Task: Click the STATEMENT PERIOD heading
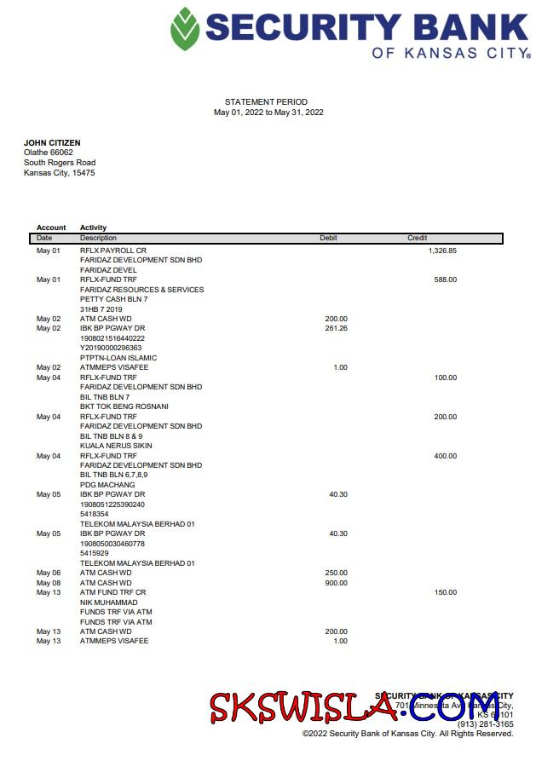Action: click(266, 102)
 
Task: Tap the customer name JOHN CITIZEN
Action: click(52, 142)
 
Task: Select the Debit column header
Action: click(328, 239)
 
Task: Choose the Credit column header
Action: click(417, 239)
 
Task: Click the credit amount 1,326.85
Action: click(442, 251)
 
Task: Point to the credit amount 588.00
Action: click(445, 280)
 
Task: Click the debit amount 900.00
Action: click(336, 583)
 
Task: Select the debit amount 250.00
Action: click(336, 574)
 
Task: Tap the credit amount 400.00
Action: click(445, 456)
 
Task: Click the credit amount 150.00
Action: click(445, 592)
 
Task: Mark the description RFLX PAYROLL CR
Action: click(108, 251)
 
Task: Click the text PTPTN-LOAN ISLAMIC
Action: click(118, 358)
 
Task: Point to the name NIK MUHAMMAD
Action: click(108, 602)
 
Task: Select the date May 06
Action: click(49, 574)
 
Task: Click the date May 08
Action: click(49, 583)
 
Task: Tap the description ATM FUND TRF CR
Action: click(113, 592)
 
